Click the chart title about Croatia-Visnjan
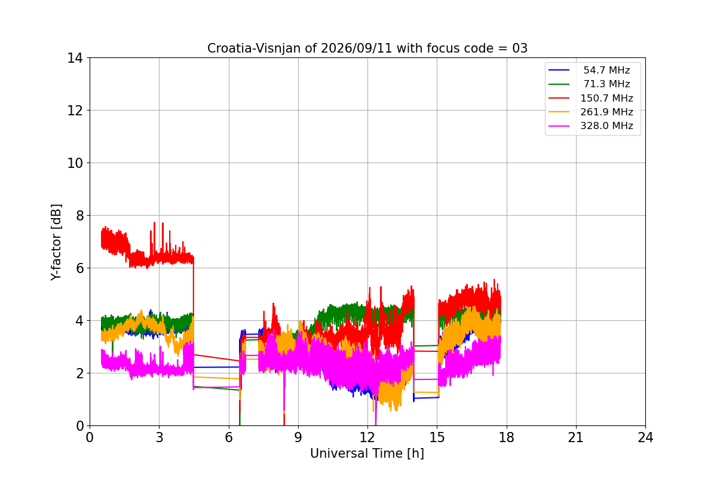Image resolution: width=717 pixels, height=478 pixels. click(367, 48)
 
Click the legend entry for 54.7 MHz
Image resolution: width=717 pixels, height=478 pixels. click(606, 70)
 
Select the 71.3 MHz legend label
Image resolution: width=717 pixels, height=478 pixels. click(606, 84)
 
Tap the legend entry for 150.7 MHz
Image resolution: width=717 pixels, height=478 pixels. click(606, 98)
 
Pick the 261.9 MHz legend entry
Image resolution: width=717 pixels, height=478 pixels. click(606, 112)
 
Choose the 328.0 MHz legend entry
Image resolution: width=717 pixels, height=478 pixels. click(606, 126)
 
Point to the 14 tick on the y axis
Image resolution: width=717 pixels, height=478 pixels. click(75, 58)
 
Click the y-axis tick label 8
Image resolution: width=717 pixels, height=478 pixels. click(79, 216)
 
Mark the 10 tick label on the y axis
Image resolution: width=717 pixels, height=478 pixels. click(75, 163)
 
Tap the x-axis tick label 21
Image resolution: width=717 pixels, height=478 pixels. click(576, 437)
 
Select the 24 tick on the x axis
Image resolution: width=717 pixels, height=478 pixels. click(645, 437)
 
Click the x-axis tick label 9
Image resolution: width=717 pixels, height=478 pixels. click(298, 437)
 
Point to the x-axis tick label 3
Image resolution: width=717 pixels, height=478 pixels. click(160, 437)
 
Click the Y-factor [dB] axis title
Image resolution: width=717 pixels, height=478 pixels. click(56, 242)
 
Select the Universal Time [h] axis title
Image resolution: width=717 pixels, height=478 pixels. click(367, 454)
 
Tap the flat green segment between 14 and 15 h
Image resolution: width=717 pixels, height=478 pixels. click(426, 346)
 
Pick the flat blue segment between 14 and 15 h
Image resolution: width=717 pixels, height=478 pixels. click(426, 398)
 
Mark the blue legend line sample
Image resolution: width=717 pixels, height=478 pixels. click(559, 70)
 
